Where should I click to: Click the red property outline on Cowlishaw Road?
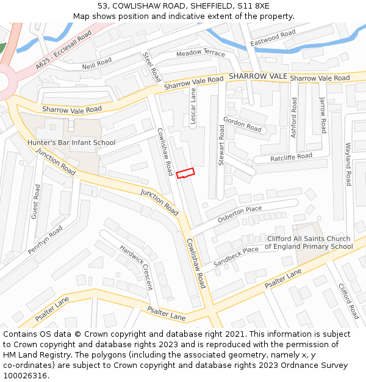(x=185, y=174)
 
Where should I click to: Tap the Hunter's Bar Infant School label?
(x=71, y=142)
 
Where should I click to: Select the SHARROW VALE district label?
(x=257, y=76)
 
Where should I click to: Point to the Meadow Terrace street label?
(x=201, y=53)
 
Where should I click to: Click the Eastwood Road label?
(x=273, y=39)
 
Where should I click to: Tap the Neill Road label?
(x=97, y=64)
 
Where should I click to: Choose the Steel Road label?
(x=151, y=67)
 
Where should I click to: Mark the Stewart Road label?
(x=222, y=145)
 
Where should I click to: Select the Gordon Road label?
(x=242, y=124)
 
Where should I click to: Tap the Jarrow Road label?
(x=323, y=115)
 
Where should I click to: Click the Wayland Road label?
(x=348, y=165)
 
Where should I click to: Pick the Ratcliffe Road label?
(x=282, y=158)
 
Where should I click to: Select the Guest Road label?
(x=36, y=201)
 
